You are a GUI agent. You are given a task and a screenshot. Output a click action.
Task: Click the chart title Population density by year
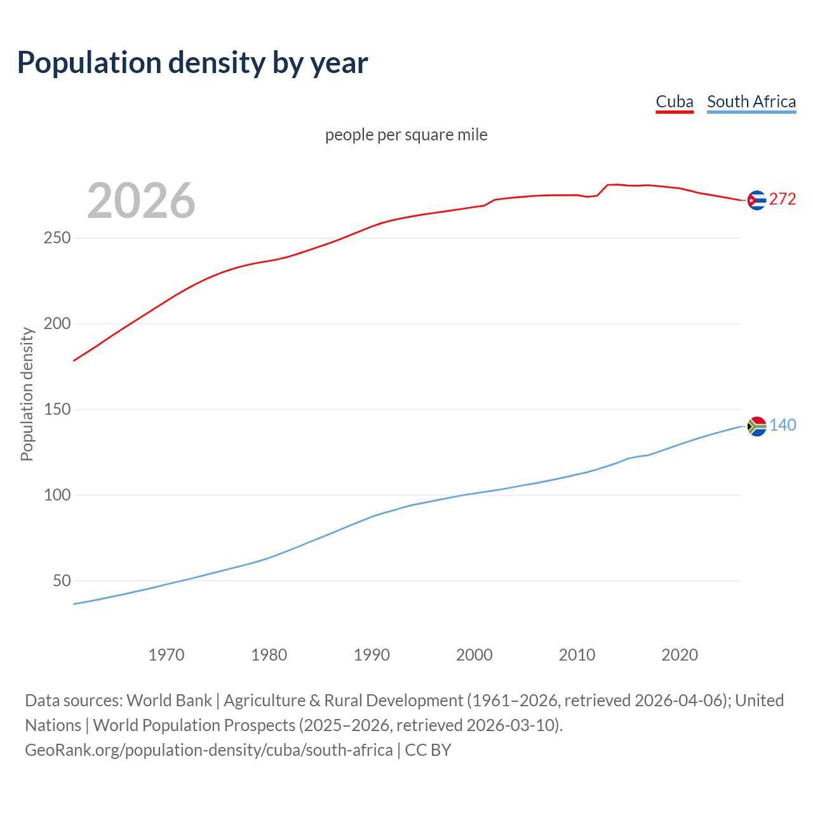pos(192,63)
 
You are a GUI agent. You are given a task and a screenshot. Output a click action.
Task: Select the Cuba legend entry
pos(674,102)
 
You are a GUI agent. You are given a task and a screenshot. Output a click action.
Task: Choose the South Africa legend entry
pos(751,102)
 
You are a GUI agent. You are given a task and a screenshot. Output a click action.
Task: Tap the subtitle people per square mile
pos(406,135)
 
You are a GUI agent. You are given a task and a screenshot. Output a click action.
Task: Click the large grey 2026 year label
pos(141,201)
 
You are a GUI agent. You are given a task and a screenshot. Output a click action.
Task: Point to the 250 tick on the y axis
pos(57,238)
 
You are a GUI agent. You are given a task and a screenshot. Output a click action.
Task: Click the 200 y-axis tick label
pos(57,324)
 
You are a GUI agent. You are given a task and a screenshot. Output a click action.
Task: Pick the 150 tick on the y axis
pos(57,410)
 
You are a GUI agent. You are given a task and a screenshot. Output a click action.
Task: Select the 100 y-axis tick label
pos(57,495)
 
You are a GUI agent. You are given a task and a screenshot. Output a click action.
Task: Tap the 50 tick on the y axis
pos(62,581)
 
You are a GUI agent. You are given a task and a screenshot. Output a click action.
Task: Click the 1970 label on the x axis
pos(166,655)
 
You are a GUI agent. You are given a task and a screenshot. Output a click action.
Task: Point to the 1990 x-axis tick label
pos(372,655)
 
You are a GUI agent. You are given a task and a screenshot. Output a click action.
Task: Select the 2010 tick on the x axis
pos(577,655)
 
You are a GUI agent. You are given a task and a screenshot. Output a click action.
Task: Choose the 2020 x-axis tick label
pos(680,655)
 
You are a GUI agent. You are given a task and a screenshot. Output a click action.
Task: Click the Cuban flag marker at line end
pos(756,200)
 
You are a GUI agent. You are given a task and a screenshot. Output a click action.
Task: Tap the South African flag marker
pos(756,426)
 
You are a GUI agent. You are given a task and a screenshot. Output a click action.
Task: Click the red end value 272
pos(783,199)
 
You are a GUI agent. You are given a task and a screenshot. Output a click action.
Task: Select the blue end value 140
pos(783,426)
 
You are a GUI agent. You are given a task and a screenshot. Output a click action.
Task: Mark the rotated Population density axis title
pos(27,394)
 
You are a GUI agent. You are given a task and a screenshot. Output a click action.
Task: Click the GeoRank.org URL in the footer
pos(208,750)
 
